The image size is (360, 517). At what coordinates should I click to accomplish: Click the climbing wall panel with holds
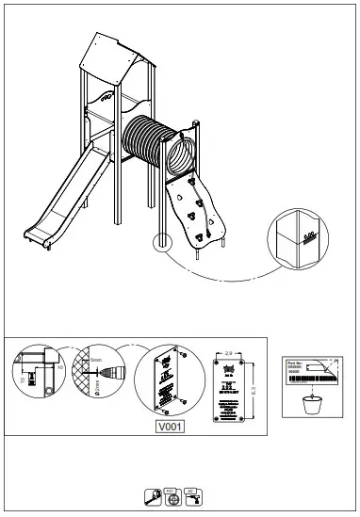pos(199,213)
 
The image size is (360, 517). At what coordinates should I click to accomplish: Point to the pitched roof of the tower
pos(118,58)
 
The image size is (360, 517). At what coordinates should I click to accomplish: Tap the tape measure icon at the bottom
pos(151,495)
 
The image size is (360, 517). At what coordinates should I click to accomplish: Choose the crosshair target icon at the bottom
pos(171,495)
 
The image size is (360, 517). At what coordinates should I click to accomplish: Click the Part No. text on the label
pos(297,363)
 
